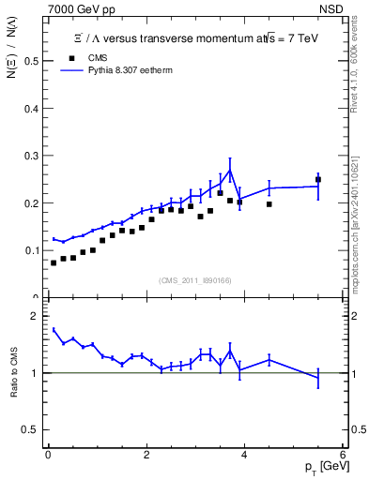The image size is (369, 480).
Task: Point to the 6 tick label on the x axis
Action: point(343,455)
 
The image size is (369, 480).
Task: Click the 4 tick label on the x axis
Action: point(244,455)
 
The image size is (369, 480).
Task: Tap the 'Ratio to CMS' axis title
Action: point(12,373)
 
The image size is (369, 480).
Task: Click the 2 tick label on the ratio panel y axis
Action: point(36,317)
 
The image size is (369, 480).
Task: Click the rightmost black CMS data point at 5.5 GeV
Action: point(318,179)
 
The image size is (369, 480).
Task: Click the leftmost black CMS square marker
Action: point(54,262)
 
